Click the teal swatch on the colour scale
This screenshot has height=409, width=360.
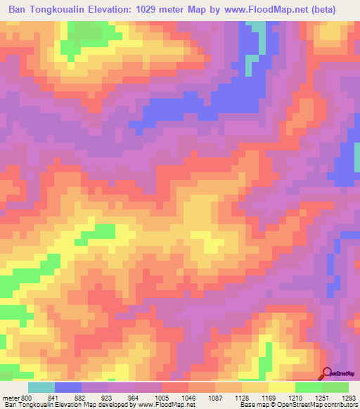pos(41,387)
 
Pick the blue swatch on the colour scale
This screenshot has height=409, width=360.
pos(68,387)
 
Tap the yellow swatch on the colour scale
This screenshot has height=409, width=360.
pos(282,387)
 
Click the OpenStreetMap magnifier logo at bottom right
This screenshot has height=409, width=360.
pos(327,372)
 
